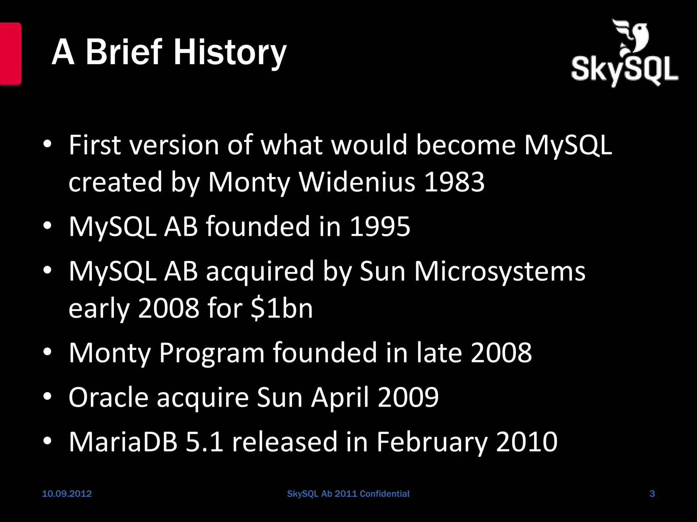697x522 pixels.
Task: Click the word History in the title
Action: (x=230, y=53)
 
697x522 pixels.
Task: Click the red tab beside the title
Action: (x=10, y=53)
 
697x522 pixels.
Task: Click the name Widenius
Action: (x=357, y=182)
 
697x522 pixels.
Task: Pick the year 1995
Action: (x=380, y=227)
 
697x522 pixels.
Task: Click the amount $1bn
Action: (x=282, y=308)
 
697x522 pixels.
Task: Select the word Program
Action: (x=212, y=353)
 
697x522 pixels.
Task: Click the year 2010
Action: (x=526, y=441)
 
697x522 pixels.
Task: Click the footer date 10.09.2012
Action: (x=67, y=494)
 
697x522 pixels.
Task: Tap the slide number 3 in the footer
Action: (x=652, y=494)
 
